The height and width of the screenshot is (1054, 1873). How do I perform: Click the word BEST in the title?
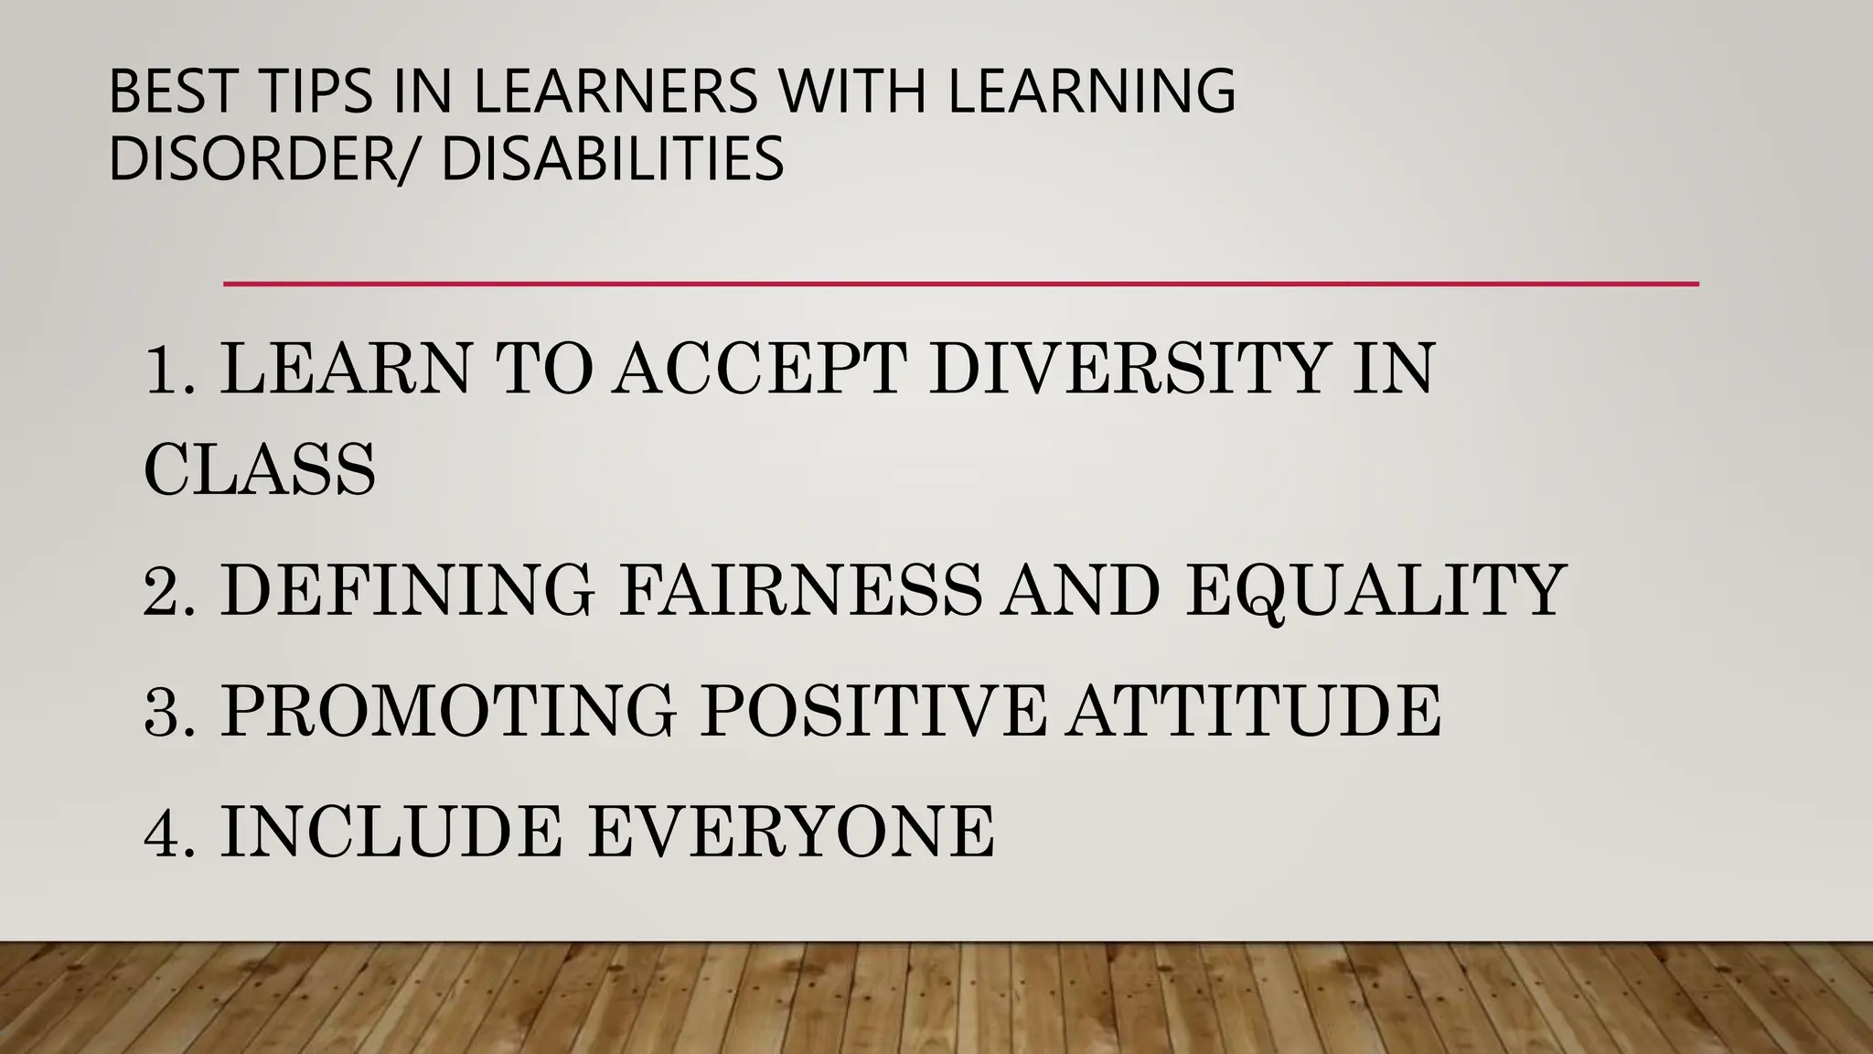[173, 91]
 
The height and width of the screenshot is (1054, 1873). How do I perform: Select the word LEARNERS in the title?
[615, 91]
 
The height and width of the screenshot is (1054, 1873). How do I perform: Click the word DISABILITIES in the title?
[612, 158]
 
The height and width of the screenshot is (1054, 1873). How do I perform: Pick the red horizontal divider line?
[960, 285]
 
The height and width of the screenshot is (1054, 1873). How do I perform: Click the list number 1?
[169, 369]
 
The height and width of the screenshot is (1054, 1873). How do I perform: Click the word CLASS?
[260, 469]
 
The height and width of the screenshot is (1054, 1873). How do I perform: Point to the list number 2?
[169, 590]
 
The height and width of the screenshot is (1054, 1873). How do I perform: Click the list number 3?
[169, 711]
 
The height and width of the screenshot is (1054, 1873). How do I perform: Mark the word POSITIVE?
[872, 711]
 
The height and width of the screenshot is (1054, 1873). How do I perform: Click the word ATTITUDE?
[1254, 711]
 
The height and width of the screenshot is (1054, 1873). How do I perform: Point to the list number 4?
[169, 832]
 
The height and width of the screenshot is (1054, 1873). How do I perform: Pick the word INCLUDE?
[391, 832]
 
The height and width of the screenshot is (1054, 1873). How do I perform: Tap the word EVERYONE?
[790, 832]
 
